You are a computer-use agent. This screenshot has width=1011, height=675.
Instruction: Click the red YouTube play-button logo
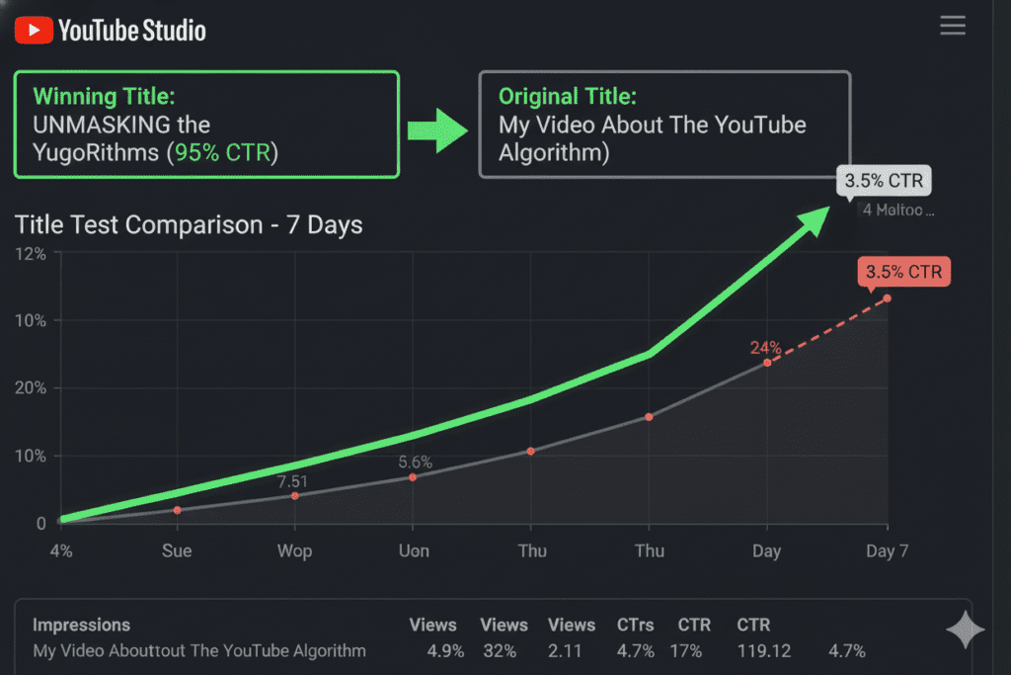tap(33, 30)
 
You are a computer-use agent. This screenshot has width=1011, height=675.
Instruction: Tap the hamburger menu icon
tap(953, 26)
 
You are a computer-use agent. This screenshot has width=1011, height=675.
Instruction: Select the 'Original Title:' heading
tap(568, 97)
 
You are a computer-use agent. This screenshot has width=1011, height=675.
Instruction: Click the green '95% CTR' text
tap(221, 153)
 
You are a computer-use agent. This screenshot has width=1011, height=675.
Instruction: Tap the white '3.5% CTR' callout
tap(884, 182)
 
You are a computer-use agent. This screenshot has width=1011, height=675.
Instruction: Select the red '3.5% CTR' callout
tap(904, 272)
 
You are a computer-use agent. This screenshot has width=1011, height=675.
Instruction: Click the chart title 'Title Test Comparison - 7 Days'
tap(189, 225)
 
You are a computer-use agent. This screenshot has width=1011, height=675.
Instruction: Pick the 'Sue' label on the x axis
tap(177, 550)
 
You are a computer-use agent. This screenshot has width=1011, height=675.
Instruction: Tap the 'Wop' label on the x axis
tap(294, 550)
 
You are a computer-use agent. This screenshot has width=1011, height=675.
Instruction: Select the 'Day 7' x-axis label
tap(887, 550)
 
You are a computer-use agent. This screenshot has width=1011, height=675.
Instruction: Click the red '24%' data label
tap(766, 348)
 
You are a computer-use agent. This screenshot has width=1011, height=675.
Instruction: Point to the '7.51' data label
tap(293, 481)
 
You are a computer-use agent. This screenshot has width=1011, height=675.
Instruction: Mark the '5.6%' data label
tap(416, 462)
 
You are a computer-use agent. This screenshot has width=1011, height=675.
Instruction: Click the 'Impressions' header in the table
tap(81, 625)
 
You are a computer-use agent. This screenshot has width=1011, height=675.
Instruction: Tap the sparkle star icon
tap(965, 631)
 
